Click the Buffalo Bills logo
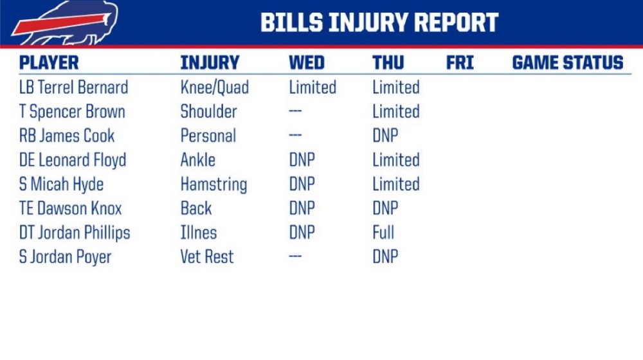(65, 22)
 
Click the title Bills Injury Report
(379, 22)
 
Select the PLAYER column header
(49, 63)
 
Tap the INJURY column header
(210, 63)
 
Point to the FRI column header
(460, 63)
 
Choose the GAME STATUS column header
(568, 63)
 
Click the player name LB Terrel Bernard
(74, 87)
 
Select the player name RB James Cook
(67, 136)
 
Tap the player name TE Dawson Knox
(71, 208)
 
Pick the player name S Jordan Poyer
(65, 257)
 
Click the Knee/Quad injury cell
(215, 87)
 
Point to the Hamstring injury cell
(213, 184)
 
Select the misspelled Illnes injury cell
(199, 233)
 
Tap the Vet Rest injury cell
(207, 256)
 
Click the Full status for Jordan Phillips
(383, 233)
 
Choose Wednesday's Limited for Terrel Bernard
(312, 87)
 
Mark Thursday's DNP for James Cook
(385, 136)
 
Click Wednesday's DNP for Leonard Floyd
(302, 160)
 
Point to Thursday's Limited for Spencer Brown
(395, 111)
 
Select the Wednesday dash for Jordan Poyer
(295, 256)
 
